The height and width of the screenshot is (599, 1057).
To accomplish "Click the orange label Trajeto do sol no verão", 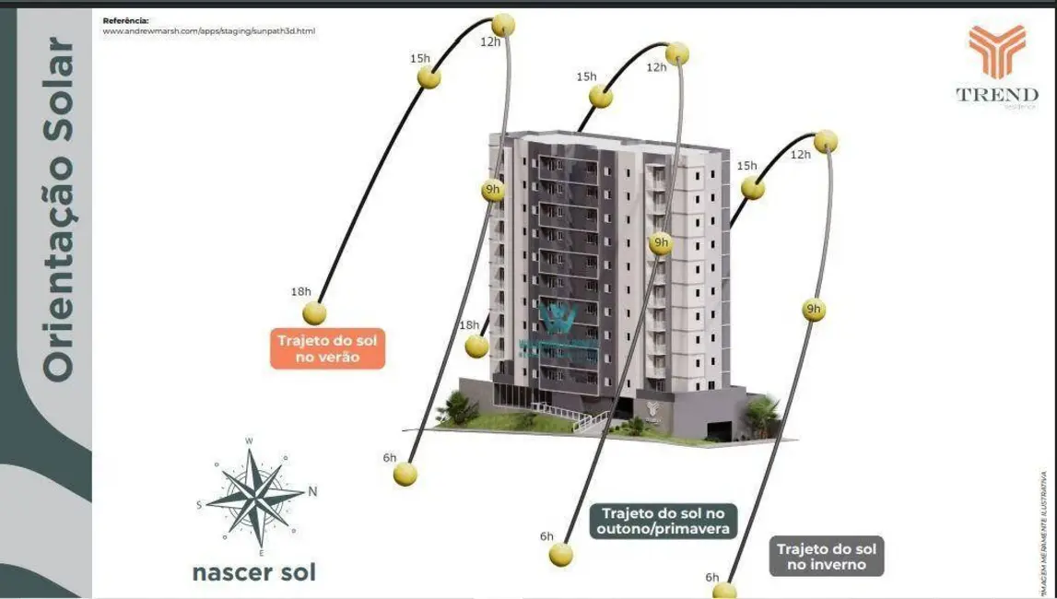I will [x=327, y=349].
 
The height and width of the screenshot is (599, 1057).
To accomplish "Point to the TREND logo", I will [x=996, y=65].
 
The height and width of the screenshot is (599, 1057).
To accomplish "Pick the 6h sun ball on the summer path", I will [x=405, y=475].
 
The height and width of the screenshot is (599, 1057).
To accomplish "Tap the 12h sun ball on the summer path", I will [x=502, y=24].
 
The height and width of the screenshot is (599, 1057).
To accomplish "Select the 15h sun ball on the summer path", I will [x=429, y=77].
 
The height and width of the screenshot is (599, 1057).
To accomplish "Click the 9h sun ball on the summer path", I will [x=493, y=191].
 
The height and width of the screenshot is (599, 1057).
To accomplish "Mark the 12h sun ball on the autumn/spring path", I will [x=677, y=53].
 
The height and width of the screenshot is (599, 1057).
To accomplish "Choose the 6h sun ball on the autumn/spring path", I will [x=559, y=555].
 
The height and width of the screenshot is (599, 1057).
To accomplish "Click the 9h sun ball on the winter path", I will [x=813, y=310].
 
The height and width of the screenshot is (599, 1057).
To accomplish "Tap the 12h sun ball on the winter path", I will [x=827, y=141].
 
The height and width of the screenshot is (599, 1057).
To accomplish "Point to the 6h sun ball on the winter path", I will [x=724, y=590].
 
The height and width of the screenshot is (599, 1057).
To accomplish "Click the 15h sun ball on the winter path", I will [x=754, y=187].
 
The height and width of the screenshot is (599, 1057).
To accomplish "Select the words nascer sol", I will [x=254, y=572].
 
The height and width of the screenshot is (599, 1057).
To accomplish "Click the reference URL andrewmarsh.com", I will [x=208, y=30].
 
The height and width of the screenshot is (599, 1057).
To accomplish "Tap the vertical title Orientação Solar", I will [x=58, y=209].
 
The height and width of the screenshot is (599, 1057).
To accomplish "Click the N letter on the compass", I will [x=312, y=490].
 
